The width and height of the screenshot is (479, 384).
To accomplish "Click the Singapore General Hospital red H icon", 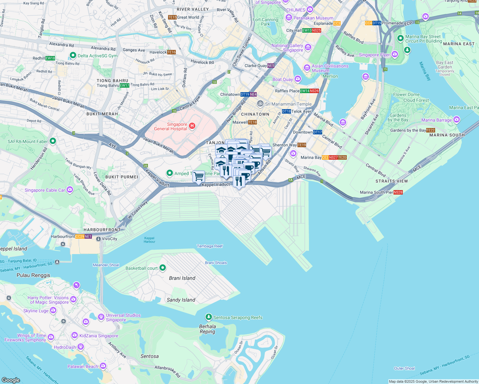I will (x=192, y=126).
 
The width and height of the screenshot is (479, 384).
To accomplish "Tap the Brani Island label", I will (x=182, y=278).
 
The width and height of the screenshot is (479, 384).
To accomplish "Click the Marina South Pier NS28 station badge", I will (x=398, y=192).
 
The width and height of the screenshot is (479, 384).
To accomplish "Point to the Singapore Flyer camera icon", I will (x=395, y=54).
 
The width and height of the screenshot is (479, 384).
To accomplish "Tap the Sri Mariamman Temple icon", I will (x=260, y=104).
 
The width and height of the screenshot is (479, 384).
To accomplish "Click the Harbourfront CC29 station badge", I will (x=80, y=236).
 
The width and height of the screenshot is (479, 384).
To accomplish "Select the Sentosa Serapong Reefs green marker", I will (x=209, y=317).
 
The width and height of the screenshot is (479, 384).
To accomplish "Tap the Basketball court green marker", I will (x=163, y=268).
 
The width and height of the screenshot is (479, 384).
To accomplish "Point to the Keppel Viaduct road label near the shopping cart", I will (x=216, y=185).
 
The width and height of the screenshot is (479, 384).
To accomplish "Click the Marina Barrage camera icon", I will (x=457, y=120).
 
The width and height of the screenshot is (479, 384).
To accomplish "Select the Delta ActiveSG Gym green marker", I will (x=73, y=55).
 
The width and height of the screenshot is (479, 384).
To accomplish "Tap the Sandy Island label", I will (x=181, y=300).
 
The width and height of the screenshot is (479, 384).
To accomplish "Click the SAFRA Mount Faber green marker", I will (x=53, y=141).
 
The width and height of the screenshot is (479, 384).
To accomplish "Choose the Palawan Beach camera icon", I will (x=103, y=366).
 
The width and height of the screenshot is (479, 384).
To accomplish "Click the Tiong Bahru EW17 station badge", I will (x=124, y=85).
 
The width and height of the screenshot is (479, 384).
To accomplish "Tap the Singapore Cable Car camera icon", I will (x=70, y=190).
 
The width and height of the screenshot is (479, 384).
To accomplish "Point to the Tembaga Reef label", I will (x=209, y=246).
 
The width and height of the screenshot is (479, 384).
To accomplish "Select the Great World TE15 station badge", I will (x=172, y=17).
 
